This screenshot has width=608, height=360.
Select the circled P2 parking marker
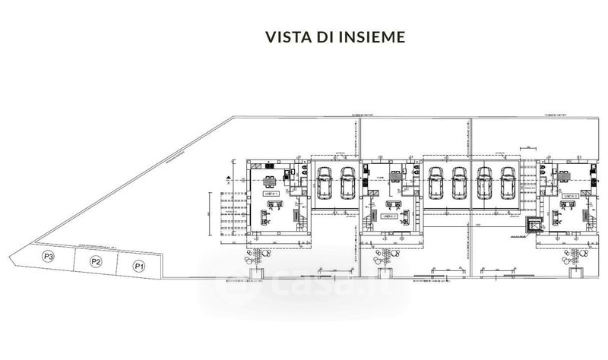(95, 262)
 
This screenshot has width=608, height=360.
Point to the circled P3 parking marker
(48, 257)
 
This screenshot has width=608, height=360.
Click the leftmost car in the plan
(323, 182)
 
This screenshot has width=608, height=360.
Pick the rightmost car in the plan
(508, 182)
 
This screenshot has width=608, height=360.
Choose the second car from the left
(347, 182)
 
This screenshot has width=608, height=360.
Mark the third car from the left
(436, 182)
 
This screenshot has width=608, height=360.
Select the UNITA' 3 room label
(571, 195)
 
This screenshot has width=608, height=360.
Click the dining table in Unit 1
(270, 181)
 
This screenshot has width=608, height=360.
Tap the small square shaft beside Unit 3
(532, 225)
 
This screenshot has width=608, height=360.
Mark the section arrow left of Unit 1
(230, 181)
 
